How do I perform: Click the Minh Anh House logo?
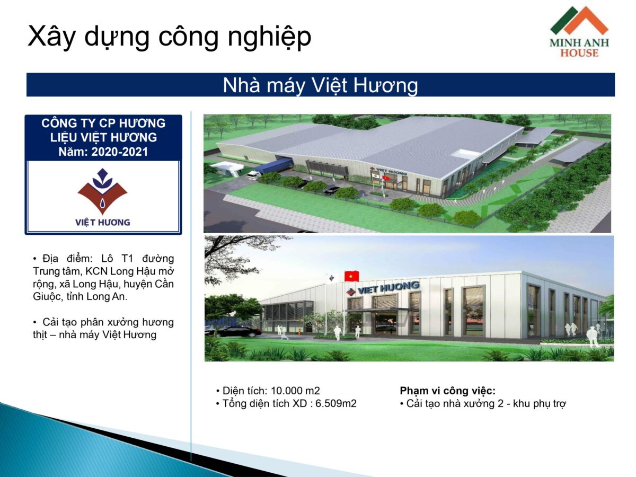point(579,32)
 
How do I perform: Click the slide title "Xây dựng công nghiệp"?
point(169,37)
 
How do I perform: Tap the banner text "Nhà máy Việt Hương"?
point(320,85)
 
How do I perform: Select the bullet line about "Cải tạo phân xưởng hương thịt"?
point(103,328)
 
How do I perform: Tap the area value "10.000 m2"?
point(295,391)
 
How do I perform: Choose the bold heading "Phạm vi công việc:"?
point(447,391)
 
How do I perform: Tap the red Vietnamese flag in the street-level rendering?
point(351,276)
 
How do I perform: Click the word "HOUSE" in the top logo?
point(579,53)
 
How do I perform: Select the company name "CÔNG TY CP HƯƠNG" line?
point(103,123)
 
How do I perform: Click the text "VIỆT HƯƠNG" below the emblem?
point(102,223)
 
